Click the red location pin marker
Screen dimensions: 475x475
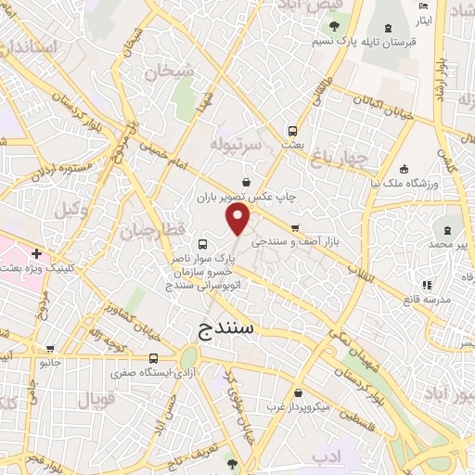[238, 220]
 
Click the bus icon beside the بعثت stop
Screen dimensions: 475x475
[292, 132]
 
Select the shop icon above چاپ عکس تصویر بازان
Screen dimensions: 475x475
[246, 182]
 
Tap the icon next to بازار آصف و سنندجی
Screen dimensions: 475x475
[294, 227]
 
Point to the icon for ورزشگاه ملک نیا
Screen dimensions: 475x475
[404, 169]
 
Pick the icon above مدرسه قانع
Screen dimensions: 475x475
[426, 285]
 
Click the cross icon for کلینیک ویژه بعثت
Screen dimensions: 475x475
[35, 253]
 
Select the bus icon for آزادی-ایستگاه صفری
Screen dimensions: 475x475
[153, 358]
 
